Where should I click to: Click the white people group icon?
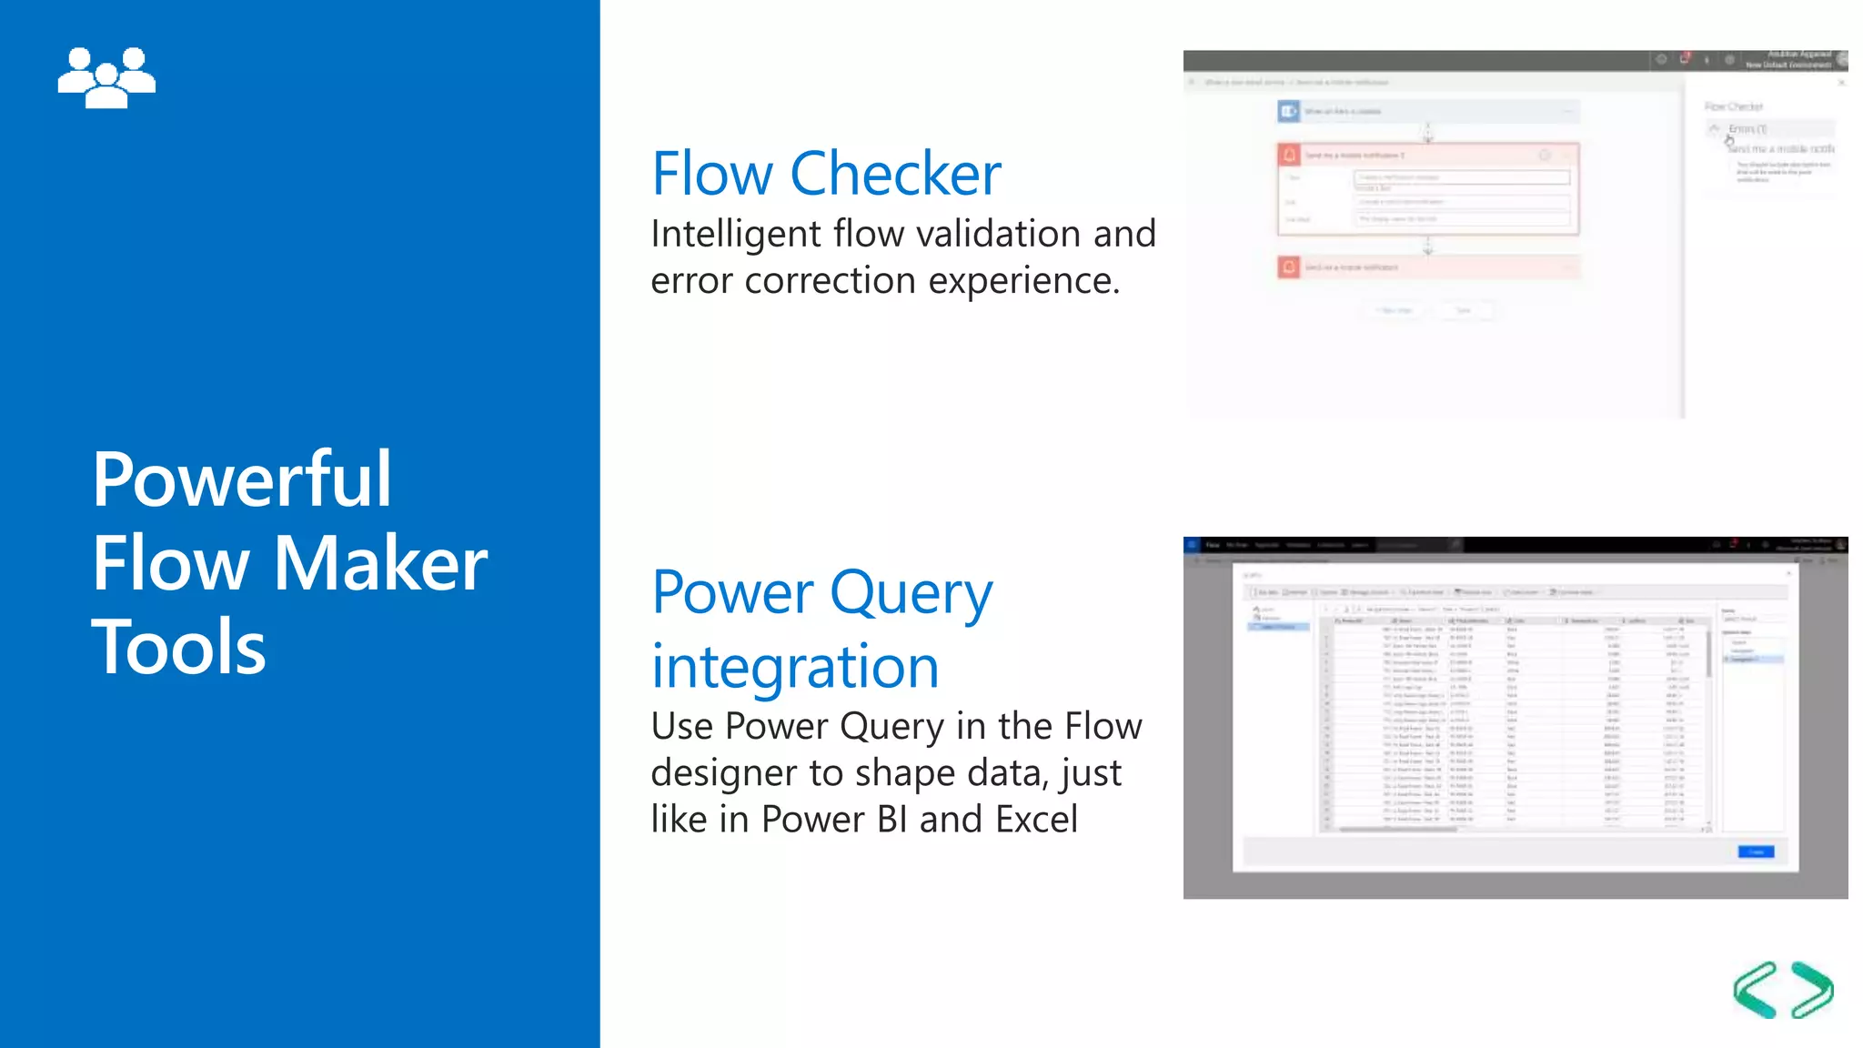coord(106,77)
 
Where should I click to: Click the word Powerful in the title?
coord(241,479)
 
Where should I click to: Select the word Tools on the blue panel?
coord(178,647)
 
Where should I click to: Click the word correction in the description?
coord(830,280)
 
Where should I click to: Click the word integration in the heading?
coord(795,667)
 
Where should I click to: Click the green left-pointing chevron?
coord(1755,990)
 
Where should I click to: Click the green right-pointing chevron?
coord(1812,990)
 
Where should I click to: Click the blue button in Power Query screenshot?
coord(1756,852)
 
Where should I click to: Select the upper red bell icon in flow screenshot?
coord(1289,156)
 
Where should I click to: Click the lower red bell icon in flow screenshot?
coord(1289,267)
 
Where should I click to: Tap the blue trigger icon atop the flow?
coord(1289,111)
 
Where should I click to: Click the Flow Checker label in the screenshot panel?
coord(1733,106)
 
